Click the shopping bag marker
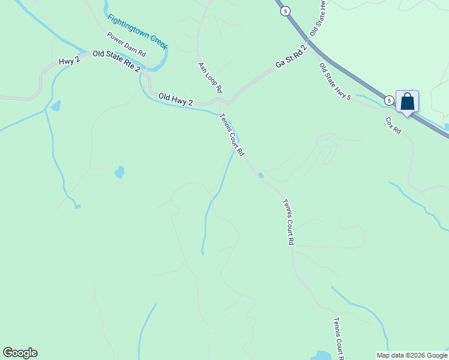407,101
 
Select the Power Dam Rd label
126,44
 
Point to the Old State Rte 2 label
116,62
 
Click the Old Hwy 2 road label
175,99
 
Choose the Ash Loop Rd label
211,77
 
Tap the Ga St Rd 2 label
291,56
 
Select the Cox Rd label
393,125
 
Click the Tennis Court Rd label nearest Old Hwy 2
232,135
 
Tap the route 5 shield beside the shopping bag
389,100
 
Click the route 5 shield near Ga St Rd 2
285,11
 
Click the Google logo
20,353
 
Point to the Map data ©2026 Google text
412,355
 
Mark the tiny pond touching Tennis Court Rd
261,175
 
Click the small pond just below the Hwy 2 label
56,107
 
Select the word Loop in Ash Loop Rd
211,77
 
